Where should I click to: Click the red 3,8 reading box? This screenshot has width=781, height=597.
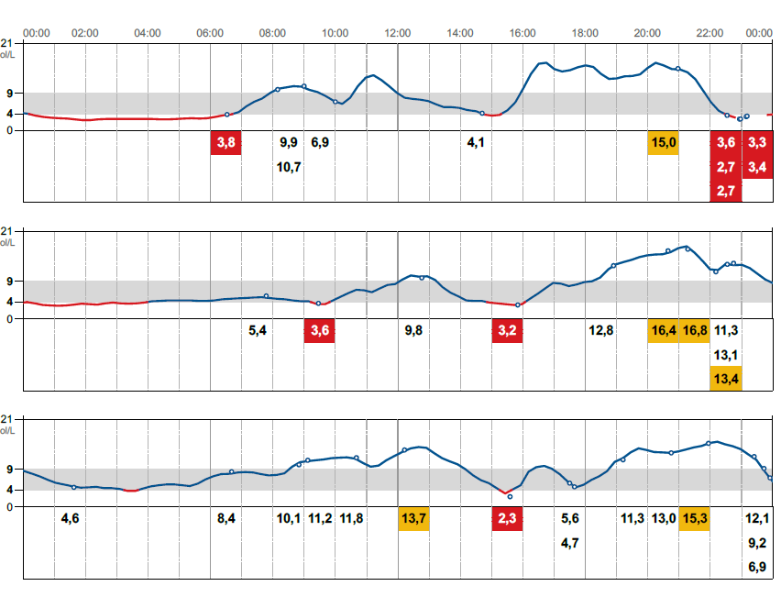click(x=225, y=143)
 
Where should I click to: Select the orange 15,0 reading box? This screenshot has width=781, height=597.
click(x=663, y=143)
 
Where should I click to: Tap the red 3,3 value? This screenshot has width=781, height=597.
click(x=757, y=143)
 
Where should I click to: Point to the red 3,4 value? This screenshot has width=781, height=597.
click(x=757, y=167)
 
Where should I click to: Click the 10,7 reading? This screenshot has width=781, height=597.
click(x=289, y=167)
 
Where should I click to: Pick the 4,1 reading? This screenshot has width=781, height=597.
click(x=476, y=143)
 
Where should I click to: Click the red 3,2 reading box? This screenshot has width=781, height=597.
click(x=507, y=331)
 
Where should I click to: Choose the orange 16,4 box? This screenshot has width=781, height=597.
click(x=663, y=331)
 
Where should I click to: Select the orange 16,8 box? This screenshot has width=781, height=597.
click(x=694, y=331)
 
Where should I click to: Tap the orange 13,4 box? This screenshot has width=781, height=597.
click(x=726, y=379)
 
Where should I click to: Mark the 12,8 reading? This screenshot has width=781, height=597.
click(x=600, y=331)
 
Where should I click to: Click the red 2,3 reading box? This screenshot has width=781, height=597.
click(x=507, y=519)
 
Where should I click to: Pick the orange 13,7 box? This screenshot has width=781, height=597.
click(x=413, y=519)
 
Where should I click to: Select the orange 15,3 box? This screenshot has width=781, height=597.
click(x=694, y=519)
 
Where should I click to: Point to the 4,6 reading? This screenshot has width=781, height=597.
click(x=70, y=519)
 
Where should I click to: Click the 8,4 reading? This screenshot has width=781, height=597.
click(x=225, y=519)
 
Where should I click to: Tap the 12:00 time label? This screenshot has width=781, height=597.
click(x=398, y=33)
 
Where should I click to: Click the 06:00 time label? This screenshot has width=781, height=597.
click(x=211, y=33)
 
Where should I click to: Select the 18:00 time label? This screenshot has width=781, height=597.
click(x=585, y=33)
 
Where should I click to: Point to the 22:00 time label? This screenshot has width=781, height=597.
click(x=710, y=33)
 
